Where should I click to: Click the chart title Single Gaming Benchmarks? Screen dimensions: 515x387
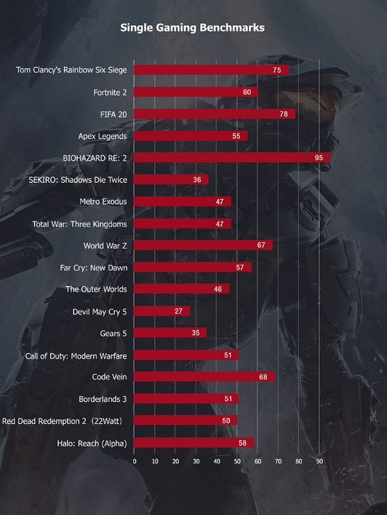(x=192, y=27)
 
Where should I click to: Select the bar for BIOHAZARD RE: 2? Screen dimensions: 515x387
(x=232, y=157)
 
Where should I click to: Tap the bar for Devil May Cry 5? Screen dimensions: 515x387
(x=161, y=311)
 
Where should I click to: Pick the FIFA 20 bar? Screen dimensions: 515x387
(x=214, y=114)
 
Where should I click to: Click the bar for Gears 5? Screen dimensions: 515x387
(x=170, y=332)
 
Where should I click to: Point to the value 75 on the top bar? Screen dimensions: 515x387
(x=277, y=71)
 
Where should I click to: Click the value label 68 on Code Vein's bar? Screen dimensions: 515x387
(x=262, y=377)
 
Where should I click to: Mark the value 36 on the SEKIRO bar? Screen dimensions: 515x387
(x=197, y=180)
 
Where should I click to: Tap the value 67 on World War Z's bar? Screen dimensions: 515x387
(x=261, y=245)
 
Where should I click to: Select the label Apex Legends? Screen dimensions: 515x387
(x=103, y=136)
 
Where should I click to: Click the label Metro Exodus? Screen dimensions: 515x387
(x=103, y=201)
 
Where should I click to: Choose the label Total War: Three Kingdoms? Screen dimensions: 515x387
(x=80, y=224)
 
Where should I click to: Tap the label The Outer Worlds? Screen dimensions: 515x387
(x=96, y=289)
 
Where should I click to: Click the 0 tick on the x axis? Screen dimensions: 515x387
(x=134, y=461)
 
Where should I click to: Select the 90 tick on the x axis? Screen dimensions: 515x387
(x=319, y=461)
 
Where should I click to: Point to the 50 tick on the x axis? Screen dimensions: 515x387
(x=237, y=461)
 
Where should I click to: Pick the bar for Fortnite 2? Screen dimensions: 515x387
(x=195, y=92)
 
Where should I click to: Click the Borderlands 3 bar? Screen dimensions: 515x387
(x=186, y=399)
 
